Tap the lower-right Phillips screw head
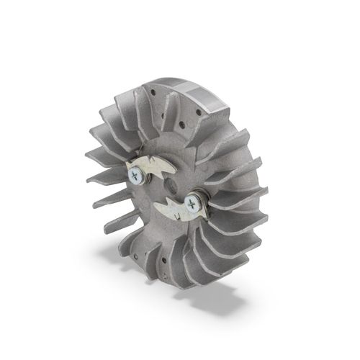192,203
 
